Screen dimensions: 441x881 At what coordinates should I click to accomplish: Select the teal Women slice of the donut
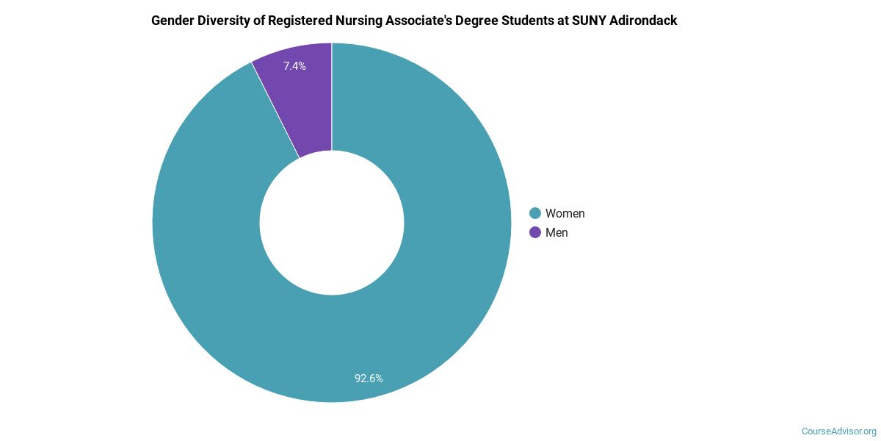click(411, 309)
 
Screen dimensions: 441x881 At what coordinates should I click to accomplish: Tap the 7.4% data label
click(294, 66)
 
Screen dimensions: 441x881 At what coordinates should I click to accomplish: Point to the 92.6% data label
click(369, 379)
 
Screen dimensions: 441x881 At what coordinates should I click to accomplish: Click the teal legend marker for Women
click(535, 213)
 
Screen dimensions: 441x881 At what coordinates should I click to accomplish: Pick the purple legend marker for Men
click(535, 232)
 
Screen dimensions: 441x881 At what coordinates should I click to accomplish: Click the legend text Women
click(565, 213)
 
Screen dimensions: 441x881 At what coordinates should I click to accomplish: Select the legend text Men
click(556, 232)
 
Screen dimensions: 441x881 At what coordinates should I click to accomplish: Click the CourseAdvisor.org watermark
click(838, 431)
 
